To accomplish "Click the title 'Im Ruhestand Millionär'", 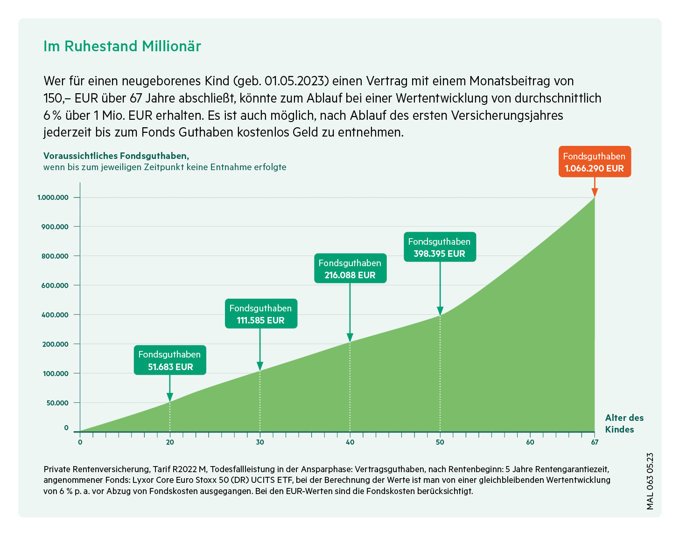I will point(122,46).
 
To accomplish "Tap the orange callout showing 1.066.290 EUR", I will point(594,162).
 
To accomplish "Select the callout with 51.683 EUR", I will point(170,360).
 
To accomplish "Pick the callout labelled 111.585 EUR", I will point(260,314).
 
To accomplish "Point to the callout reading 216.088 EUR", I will point(350,268).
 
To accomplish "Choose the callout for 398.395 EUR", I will point(439,247).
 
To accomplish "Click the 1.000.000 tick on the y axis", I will point(53,198).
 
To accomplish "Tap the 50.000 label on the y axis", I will point(57,403).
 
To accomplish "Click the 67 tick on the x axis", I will point(594,442).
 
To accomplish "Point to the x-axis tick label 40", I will point(350,442).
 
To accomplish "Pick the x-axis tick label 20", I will point(170,442).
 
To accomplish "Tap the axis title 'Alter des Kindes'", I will point(624,423).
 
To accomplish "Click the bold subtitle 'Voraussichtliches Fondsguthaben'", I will point(116,156).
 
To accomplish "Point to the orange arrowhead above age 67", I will point(594,192).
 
